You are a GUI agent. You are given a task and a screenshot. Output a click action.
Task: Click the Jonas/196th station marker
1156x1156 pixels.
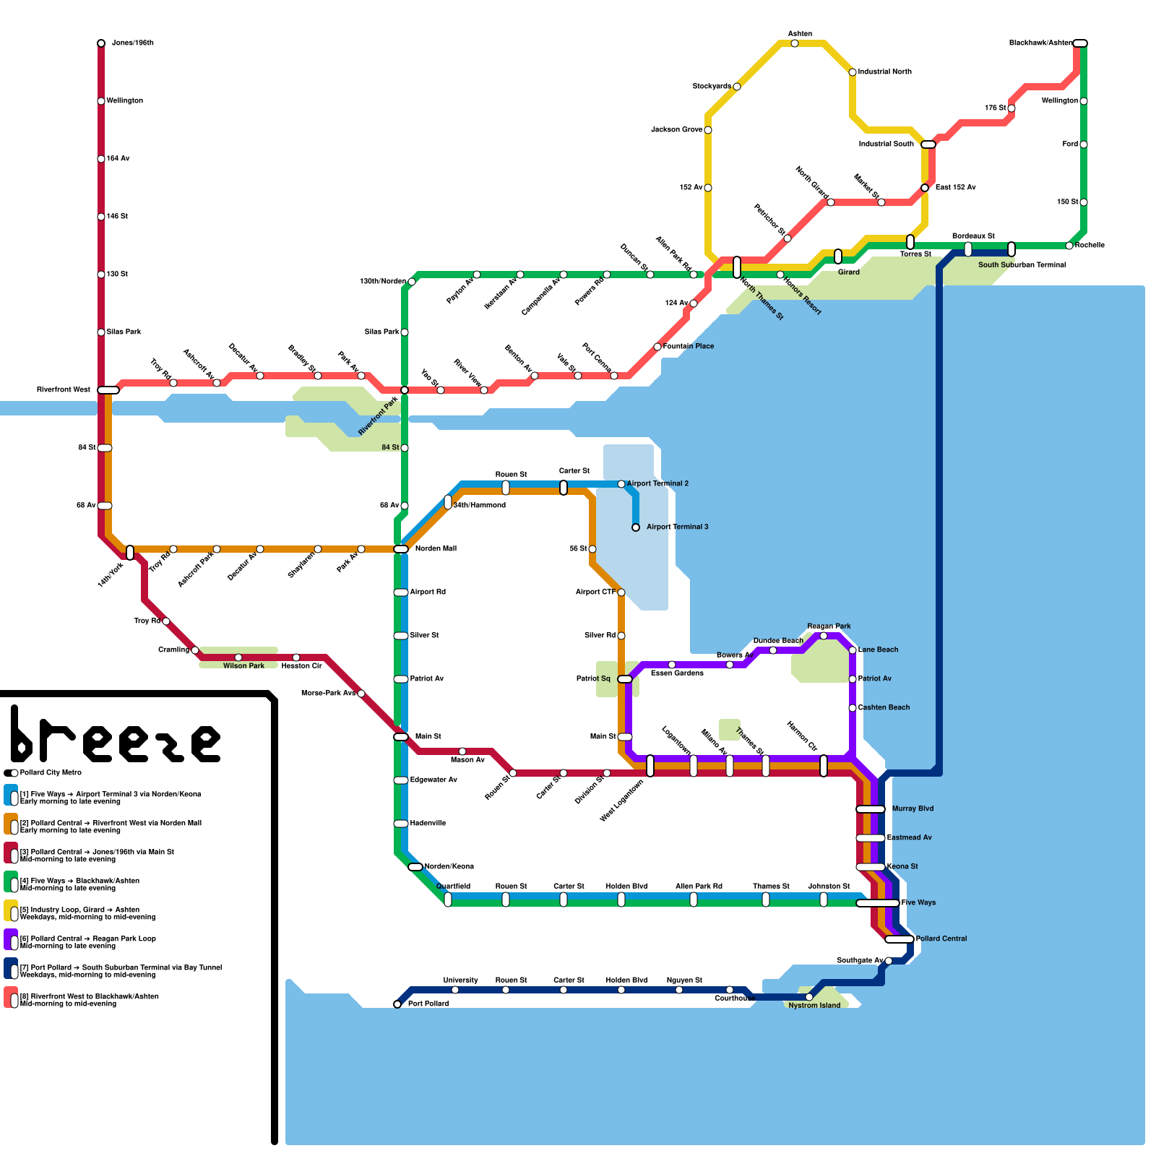pos(101,43)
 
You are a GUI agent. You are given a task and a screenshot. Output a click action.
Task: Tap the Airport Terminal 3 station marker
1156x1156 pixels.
pos(636,527)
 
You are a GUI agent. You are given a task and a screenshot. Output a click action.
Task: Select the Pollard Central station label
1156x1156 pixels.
pos(941,939)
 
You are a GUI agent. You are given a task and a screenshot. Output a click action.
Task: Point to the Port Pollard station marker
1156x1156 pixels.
pos(397,1004)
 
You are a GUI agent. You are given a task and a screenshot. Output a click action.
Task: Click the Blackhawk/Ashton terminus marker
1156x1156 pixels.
pos(1080,43)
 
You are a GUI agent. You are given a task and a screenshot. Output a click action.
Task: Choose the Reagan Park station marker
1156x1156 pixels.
pos(824,636)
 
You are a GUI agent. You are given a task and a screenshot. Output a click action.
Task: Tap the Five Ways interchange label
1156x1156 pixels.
pos(918,902)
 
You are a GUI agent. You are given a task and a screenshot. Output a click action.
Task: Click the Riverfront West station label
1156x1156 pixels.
pos(64,390)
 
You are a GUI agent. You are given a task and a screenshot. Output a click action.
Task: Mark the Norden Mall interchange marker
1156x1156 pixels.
pos(401,549)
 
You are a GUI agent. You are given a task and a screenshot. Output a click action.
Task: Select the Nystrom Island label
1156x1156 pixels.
pos(814,1006)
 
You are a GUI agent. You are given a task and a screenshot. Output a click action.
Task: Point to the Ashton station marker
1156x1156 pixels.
pos(795,43)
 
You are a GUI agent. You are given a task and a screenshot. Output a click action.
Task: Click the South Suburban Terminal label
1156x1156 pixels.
pos(1022,265)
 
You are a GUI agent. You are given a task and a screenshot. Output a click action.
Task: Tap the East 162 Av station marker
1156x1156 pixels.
pos(925,188)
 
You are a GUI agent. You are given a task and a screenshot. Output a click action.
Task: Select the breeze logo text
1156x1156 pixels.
pos(116,737)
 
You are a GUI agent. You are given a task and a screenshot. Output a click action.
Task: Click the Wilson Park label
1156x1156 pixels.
pos(243,666)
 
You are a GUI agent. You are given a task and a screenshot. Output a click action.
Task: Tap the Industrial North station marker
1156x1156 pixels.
pos(853,72)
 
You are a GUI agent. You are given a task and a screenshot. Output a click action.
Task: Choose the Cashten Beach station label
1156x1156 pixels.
pos(884,707)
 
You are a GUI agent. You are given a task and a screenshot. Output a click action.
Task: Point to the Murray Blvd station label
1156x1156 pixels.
pos(913,808)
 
